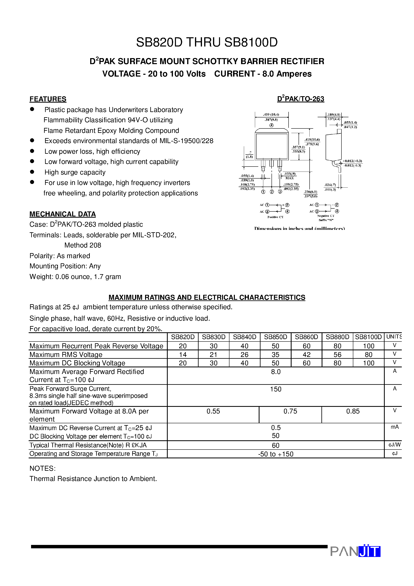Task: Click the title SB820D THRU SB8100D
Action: (x=207, y=42)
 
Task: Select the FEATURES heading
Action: (x=48, y=99)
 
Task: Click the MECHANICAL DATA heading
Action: (x=63, y=214)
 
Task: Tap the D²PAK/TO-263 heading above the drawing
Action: (x=300, y=99)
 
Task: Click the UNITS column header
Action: (x=394, y=337)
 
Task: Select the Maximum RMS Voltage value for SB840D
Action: (x=244, y=355)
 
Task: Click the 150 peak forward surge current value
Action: (x=276, y=389)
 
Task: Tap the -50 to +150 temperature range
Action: (x=276, y=454)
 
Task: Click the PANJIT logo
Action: (x=355, y=551)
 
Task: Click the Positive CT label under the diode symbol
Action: (x=275, y=217)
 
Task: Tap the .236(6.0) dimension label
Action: (x=310, y=192)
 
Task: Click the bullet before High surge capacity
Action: (x=32, y=172)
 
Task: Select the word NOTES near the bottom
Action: (x=42, y=468)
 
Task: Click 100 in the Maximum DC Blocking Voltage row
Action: (x=368, y=363)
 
